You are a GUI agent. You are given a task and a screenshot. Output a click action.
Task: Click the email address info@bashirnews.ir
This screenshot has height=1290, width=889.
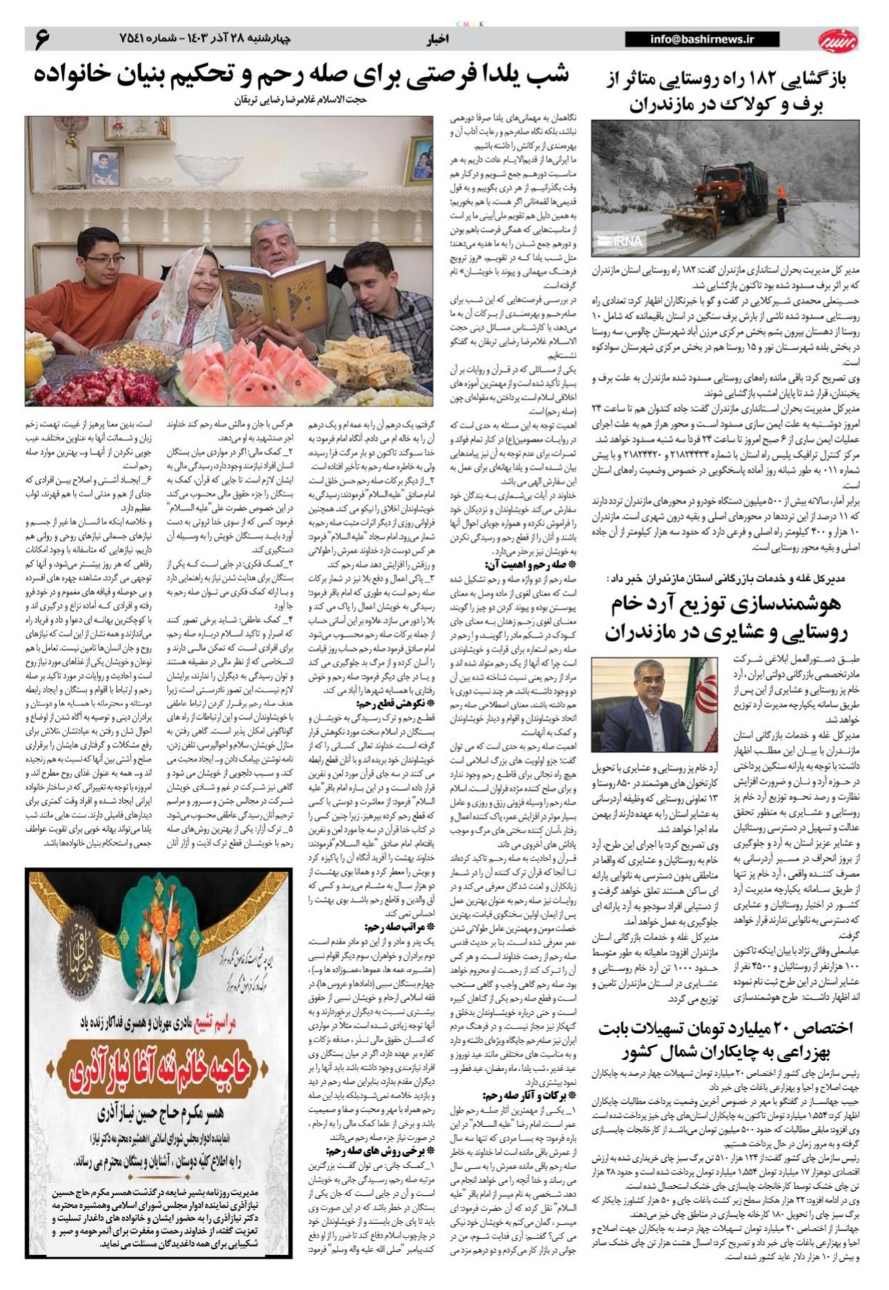coord(702,40)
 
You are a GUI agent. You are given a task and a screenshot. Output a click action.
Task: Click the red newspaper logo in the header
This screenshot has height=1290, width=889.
coord(837,40)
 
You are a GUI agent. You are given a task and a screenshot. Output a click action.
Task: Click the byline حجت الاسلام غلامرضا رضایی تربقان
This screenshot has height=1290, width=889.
coord(300,100)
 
